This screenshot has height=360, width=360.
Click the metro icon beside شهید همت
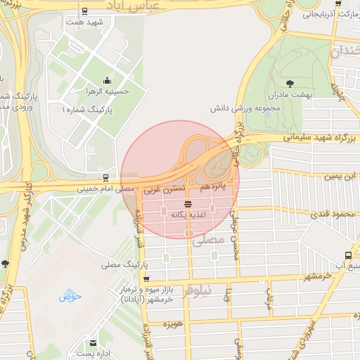(85, 11)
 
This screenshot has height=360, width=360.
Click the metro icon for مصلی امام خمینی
(105, 177)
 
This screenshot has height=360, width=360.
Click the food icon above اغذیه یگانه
(187, 204)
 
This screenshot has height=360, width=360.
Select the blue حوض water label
(71, 295)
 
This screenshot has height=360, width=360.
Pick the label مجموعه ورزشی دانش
(247, 110)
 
